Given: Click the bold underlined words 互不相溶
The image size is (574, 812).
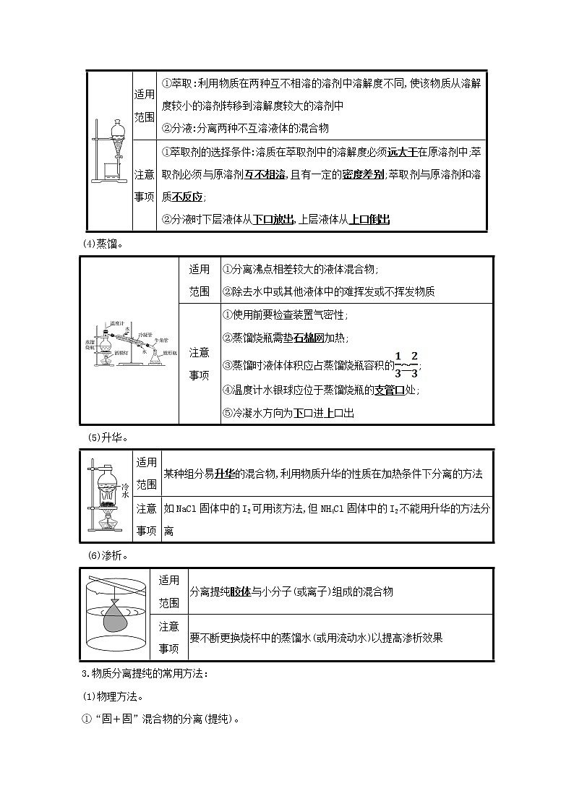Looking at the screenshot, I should (265, 174).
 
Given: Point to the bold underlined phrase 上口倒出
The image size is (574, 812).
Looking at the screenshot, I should (369, 219).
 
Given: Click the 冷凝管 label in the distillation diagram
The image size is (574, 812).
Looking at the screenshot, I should (141, 333).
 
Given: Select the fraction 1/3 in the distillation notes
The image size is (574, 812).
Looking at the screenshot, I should (397, 364).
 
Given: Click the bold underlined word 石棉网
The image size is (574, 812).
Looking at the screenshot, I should (309, 338).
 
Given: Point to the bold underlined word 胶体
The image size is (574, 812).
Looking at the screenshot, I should (240, 591).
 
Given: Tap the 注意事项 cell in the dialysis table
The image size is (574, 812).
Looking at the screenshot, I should (168, 637).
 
